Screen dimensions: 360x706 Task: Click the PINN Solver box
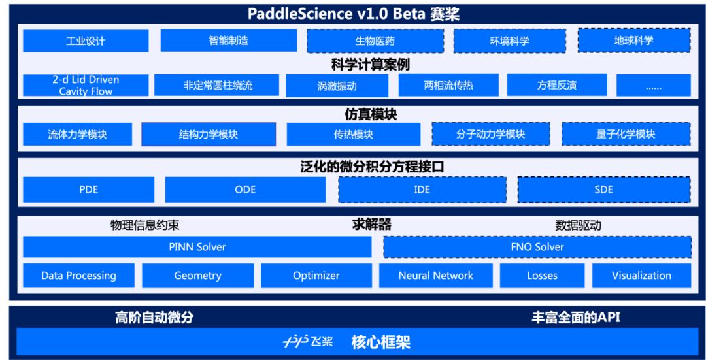197,247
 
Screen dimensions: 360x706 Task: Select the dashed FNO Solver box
537,247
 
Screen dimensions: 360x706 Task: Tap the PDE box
88,189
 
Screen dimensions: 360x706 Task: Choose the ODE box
245,189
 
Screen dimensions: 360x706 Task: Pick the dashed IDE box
422,189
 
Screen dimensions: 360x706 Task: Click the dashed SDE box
603,189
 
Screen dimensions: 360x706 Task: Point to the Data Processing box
78,276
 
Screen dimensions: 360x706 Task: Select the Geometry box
197,276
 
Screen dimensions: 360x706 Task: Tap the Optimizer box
316,276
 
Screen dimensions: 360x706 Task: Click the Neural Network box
435,276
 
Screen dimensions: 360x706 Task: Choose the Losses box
542,276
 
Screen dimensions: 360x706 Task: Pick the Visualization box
641,276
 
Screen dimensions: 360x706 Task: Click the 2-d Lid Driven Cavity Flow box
86,86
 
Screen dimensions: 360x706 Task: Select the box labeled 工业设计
86,41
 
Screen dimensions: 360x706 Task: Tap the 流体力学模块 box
77,135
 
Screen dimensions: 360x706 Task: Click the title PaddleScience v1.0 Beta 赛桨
354,14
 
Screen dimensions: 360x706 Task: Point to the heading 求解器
371,225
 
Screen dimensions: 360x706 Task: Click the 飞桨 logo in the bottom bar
308,342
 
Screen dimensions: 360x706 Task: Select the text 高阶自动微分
154,318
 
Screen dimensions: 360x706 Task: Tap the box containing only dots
653,86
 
